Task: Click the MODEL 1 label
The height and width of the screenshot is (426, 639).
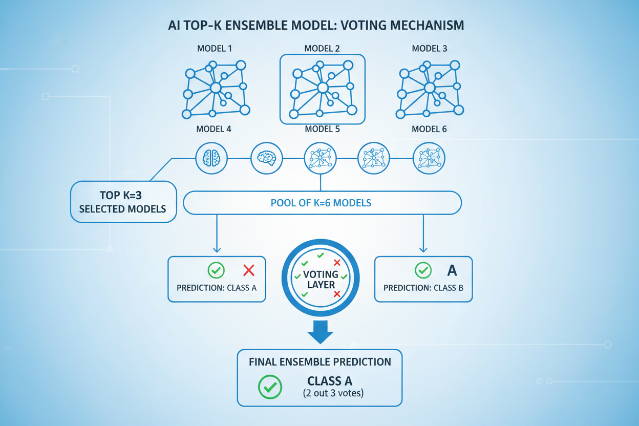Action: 215,49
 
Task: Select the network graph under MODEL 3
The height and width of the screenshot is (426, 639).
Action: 430,89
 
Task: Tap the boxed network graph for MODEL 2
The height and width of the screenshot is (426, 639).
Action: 322,89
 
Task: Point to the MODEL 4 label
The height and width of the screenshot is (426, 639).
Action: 214,129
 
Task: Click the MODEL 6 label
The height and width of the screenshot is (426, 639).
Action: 429,129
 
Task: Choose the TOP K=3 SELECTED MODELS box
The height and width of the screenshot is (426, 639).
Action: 123,202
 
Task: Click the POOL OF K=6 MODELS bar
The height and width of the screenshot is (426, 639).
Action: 322,203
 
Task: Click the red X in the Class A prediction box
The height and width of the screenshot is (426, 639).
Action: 249,270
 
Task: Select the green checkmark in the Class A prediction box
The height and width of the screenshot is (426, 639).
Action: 217,270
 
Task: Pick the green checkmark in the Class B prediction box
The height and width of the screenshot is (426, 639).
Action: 423,270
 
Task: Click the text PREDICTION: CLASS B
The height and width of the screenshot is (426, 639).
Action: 423,288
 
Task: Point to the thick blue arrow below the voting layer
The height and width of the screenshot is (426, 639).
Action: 321,332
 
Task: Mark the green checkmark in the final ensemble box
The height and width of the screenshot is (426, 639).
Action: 270,387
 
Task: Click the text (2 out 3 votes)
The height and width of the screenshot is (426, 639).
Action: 330,393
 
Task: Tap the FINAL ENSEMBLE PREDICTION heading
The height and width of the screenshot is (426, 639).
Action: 320,361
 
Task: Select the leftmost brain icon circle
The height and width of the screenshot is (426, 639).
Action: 212,158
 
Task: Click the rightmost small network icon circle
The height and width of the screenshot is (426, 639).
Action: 429,158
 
